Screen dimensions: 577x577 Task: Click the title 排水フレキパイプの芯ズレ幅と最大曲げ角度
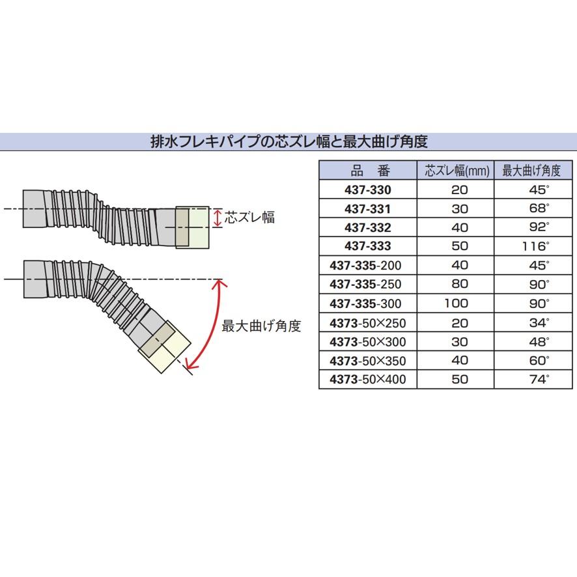click(x=288, y=141)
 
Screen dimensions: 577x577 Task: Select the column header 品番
click(x=369, y=171)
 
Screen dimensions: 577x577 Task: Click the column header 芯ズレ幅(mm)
click(x=456, y=171)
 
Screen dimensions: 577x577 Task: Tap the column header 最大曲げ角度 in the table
click(x=531, y=171)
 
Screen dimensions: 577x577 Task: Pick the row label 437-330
click(x=368, y=190)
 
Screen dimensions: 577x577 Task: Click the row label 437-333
click(x=368, y=247)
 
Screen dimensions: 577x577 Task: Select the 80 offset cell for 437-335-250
click(x=459, y=285)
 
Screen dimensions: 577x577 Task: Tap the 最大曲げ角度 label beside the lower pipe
click(x=260, y=326)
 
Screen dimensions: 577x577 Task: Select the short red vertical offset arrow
click(x=218, y=218)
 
